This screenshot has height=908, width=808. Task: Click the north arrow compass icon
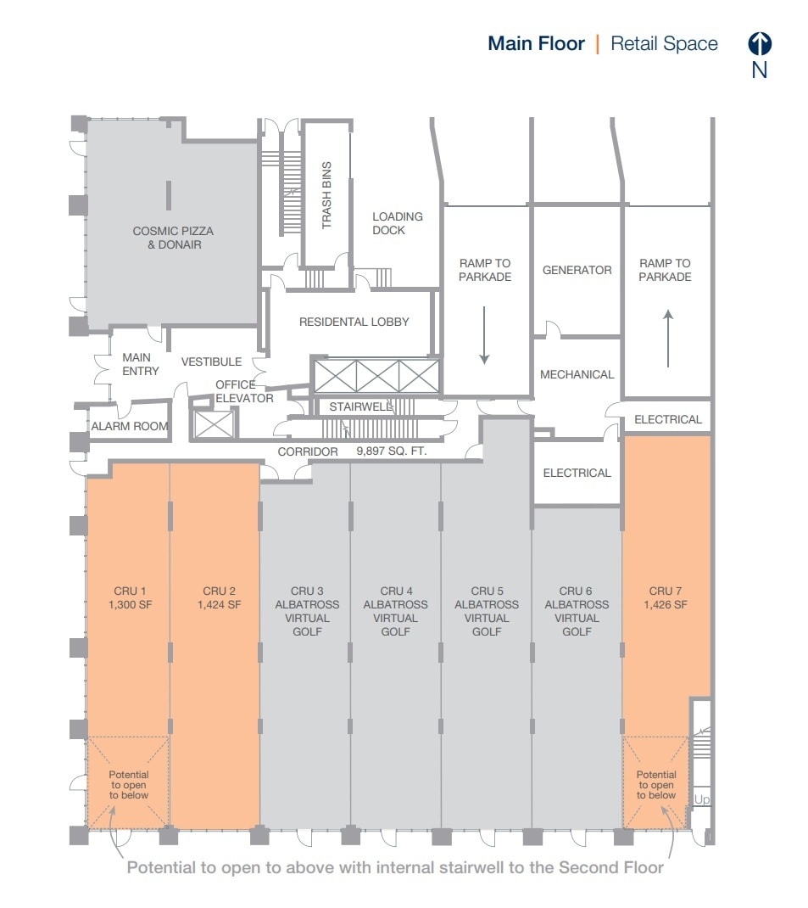coord(759,44)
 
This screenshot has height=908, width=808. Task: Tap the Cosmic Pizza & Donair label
coord(173,238)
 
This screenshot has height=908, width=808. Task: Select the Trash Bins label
coord(326,195)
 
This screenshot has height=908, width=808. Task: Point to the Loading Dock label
coord(398,223)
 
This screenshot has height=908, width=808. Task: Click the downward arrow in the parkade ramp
coord(484,335)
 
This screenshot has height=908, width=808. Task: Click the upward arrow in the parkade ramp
coord(668,338)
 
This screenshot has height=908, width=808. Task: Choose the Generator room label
coord(577,270)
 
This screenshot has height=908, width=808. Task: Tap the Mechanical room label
coord(577,374)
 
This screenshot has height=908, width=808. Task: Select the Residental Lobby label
coord(354,322)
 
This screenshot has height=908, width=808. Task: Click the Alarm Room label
coord(130,426)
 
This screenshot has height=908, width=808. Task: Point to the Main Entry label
coord(140,364)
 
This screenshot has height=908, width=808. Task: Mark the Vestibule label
coord(211,362)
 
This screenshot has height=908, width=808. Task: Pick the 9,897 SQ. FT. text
coord(392,452)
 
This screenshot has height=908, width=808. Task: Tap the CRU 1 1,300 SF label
coord(131,597)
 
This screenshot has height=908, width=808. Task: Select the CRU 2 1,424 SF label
coord(220,597)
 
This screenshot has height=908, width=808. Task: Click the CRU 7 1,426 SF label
coord(666,597)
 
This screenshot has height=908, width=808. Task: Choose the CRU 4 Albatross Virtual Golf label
coord(395,611)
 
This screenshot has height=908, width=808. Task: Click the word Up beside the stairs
coord(702,799)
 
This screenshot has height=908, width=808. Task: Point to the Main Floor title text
coord(536,44)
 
